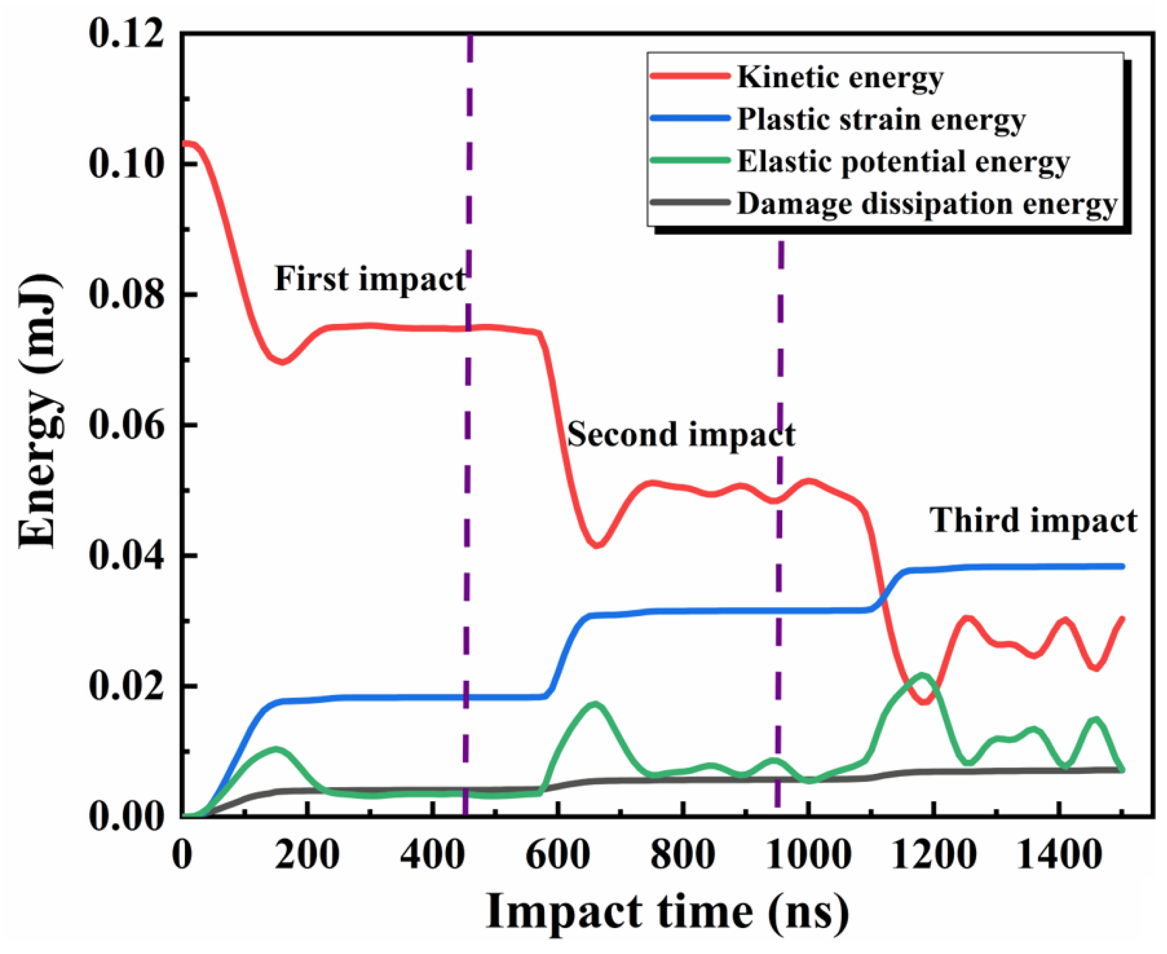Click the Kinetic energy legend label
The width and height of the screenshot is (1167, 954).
pos(840,77)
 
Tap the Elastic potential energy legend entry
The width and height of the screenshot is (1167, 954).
pos(903,162)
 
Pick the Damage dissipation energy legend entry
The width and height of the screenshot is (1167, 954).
pos(927,205)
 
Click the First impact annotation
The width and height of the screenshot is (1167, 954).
pos(370,279)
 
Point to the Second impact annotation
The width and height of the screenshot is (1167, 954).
pos(681,435)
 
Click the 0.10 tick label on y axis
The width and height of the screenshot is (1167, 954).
pos(127,164)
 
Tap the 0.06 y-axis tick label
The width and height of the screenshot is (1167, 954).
pos(127,425)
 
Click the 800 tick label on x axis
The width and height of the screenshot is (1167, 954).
pos(682,855)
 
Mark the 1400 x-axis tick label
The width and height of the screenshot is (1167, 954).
pos(1058,855)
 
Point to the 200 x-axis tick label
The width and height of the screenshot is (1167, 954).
pos(307,855)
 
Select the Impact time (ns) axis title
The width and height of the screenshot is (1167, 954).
pos(667,913)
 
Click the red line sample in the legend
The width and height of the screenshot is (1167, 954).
pos(690,76)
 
